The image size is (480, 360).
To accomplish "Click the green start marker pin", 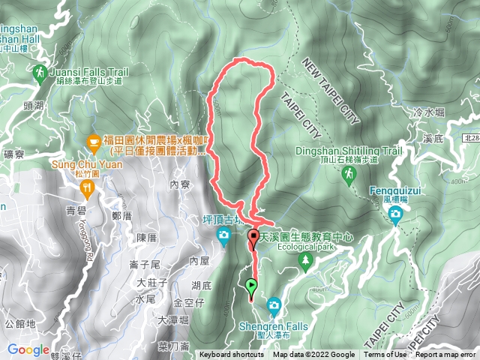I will (251, 285).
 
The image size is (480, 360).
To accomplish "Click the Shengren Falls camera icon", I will (274, 304).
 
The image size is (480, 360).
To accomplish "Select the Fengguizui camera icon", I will (395, 216).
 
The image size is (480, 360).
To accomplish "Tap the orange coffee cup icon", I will (93, 139).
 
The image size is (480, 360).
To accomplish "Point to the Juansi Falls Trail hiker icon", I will (38, 73).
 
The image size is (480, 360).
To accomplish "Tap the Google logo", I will (28, 349).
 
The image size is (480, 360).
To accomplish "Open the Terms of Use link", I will (385, 355).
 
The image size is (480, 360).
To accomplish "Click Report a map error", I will (445, 355).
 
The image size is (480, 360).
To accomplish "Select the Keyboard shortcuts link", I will (231, 355).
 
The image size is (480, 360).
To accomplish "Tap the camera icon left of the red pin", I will (223, 237).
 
